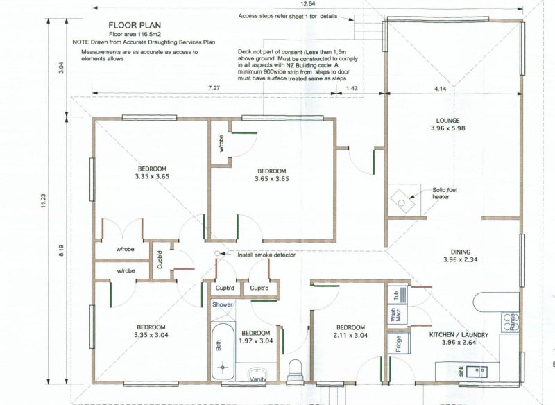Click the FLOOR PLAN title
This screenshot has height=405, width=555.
point(135,25)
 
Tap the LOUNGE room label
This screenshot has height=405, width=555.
point(447,121)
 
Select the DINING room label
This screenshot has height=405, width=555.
point(461,252)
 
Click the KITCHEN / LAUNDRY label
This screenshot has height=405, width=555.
point(459,335)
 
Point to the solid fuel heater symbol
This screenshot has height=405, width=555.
point(402,201)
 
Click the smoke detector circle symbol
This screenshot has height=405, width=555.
point(218,253)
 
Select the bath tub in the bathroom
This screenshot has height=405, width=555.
point(223,351)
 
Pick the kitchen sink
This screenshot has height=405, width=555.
point(476,372)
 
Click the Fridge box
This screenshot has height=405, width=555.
point(398,343)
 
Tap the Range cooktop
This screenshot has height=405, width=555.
point(510,322)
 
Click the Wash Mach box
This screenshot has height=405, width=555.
point(398,315)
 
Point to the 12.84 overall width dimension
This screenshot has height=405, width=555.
point(307,3)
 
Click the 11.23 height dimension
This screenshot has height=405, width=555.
point(44,200)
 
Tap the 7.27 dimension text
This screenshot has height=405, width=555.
point(214,88)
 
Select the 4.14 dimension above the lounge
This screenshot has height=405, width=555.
point(440,89)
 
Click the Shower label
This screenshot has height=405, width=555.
point(222,304)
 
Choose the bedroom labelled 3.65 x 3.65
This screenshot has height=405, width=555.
point(271,175)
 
